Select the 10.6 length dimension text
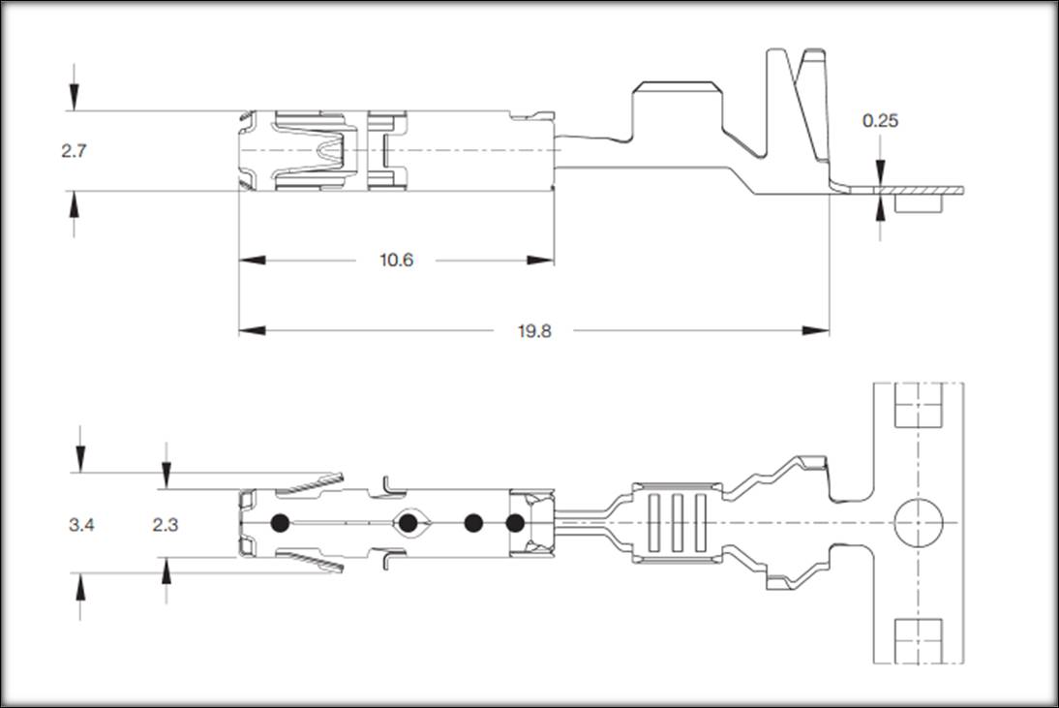[x=396, y=261]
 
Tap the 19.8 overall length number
[x=533, y=331]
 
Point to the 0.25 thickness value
[x=880, y=121]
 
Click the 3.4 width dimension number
[x=81, y=524]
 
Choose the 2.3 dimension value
[x=166, y=524]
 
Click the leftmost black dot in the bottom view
[x=281, y=524]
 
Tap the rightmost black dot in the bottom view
[x=516, y=524]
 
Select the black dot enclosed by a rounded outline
[x=408, y=524]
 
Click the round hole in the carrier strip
[x=917, y=524]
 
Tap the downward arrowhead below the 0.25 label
[x=880, y=174]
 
